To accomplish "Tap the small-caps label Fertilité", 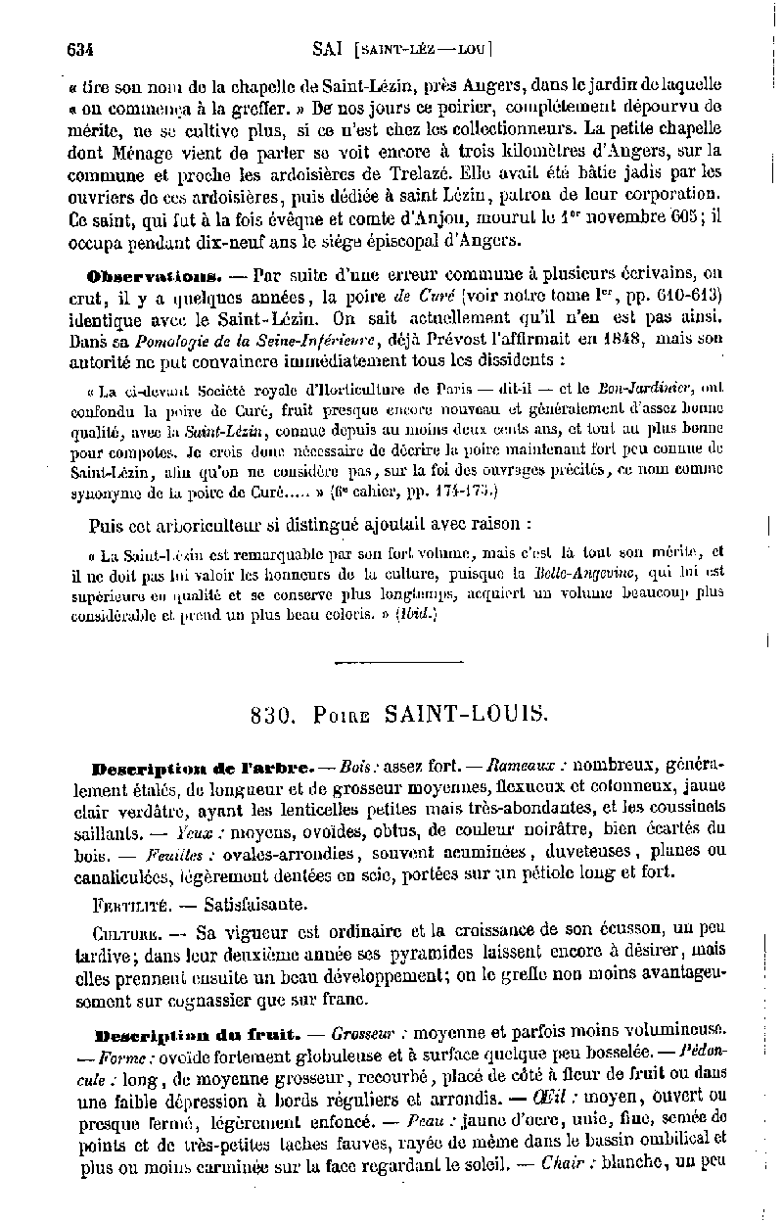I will [x=133, y=904].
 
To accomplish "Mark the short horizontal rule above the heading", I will [x=397, y=663].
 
